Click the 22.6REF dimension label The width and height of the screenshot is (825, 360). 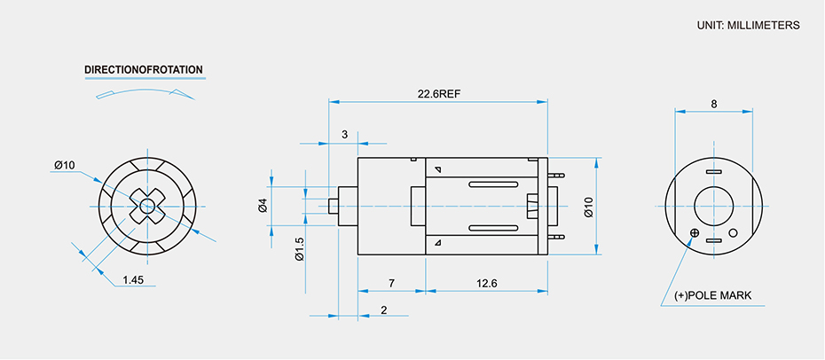pyautogui.click(x=438, y=93)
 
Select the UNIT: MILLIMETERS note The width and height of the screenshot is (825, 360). pyautogui.click(x=749, y=25)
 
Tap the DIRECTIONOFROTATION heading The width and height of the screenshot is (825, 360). pyautogui.click(x=144, y=69)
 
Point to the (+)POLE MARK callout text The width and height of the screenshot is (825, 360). pyautogui.click(x=712, y=295)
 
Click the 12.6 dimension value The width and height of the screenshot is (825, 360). pyautogui.click(x=487, y=283)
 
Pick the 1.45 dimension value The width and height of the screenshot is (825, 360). pyautogui.click(x=133, y=280)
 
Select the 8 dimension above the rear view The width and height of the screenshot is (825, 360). pyautogui.click(x=714, y=104)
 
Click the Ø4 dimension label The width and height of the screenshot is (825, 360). pyautogui.click(x=263, y=206)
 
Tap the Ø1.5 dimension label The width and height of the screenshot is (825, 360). pyautogui.click(x=299, y=249)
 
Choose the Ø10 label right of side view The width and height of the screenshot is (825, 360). pyautogui.click(x=588, y=207)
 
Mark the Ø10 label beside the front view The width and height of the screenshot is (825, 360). pyautogui.click(x=64, y=165)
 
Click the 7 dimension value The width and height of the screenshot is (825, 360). pyautogui.click(x=391, y=283)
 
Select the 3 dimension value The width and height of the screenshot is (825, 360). pyautogui.click(x=345, y=135)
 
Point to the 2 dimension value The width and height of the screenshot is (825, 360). pyautogui.click(x=383, y=309)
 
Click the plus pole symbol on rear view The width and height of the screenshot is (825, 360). pyautogui.click(x=695, y=233)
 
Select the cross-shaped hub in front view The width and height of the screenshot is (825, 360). pyautogui.click(x=147, y=207)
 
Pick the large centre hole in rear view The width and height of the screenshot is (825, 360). pyautogui.click(x=713, y=207)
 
